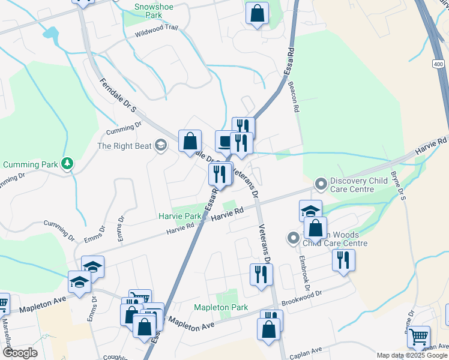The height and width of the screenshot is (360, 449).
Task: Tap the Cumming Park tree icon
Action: [x=68, y=163]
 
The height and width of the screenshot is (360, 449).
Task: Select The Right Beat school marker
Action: [x=160, y=145]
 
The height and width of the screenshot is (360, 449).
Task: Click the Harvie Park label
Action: [x=180, y=215]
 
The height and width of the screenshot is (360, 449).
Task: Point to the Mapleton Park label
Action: [x=221, y=307]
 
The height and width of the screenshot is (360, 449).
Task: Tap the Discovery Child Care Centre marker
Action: [x=321, y=182]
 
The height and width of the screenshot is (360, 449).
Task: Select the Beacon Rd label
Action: [x=295, y=97]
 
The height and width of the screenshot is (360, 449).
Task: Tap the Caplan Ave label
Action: [x=306, y=350]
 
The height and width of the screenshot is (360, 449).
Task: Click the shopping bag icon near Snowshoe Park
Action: [x=257, y=14]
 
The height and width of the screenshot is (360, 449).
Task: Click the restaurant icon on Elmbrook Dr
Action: [x=343, y=260]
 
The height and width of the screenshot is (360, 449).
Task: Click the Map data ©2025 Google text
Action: [x=412, y=355]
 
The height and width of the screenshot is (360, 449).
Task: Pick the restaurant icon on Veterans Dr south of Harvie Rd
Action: [x=261, y=275]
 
